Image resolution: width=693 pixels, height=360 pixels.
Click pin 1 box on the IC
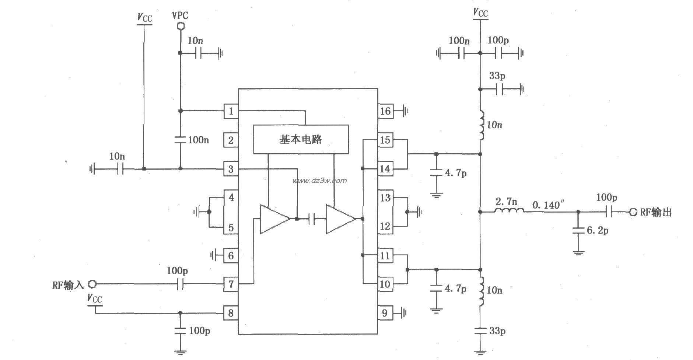coord(231,111)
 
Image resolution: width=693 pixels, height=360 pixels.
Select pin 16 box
coord(385,111)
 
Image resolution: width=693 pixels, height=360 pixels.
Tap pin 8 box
coord(231,313)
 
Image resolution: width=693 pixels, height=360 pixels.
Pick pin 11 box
coord(385,255)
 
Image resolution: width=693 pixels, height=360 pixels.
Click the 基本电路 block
coord(301,139)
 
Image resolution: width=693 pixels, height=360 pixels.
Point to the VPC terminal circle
coord(180,27)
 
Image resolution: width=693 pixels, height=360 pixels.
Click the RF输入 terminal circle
coord(92,284)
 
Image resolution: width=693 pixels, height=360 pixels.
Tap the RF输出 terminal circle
coord(633,212)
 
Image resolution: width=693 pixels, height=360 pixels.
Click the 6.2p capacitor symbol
coord(578,230)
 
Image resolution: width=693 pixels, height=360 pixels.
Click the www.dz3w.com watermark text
coord(319,181)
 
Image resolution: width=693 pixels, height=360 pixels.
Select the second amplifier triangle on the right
coord(339,219)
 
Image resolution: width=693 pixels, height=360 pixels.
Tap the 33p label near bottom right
coord(497,331)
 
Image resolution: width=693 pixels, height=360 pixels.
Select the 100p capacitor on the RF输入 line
coord(180,284)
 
